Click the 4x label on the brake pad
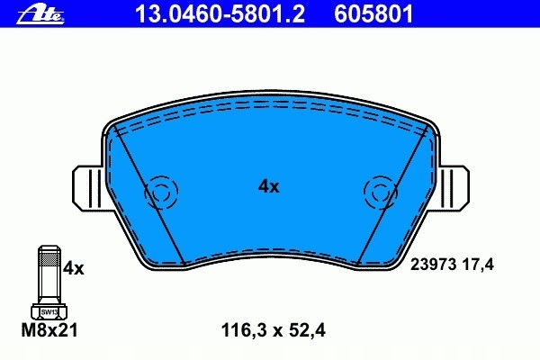tap(269, 186)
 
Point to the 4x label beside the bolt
tap(73, 268)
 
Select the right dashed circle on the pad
tap(379, 191)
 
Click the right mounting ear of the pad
tap(454, 189)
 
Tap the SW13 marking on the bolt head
tap(49, 310)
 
